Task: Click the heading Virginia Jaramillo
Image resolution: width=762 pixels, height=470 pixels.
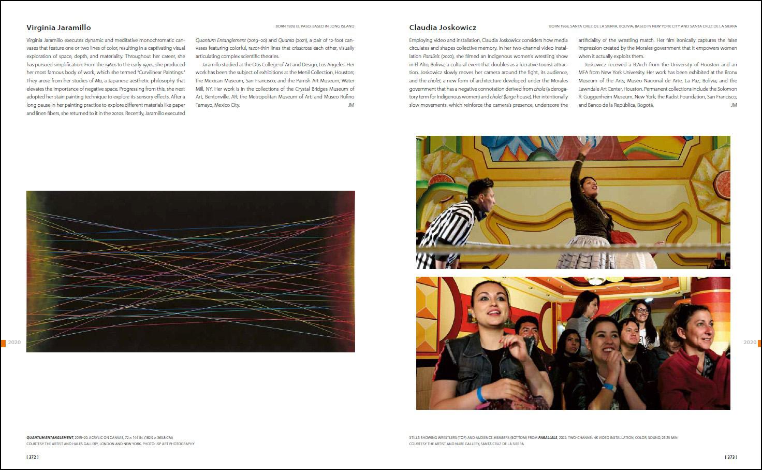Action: pos(58,27)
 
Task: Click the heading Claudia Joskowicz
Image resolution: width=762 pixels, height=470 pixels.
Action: pos(443,27)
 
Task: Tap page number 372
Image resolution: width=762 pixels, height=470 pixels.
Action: pos(33,457)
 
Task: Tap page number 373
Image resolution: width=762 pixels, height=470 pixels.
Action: pos(730,457)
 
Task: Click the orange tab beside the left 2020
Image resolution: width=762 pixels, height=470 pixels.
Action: pos(3,343)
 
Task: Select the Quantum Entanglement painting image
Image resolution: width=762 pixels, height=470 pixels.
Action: pos(190,272)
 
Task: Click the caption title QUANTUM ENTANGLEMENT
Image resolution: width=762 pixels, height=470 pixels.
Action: pos(50,438)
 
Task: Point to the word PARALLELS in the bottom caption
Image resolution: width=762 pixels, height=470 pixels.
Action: pos(548,438)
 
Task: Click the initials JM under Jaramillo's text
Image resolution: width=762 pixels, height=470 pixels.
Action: pos(351,105)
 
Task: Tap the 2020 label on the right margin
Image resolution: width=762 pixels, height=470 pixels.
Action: pos(750,343)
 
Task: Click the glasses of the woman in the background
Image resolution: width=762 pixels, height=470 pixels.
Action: pos(641,310)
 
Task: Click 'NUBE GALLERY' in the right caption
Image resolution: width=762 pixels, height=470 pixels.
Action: pos(462,444)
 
